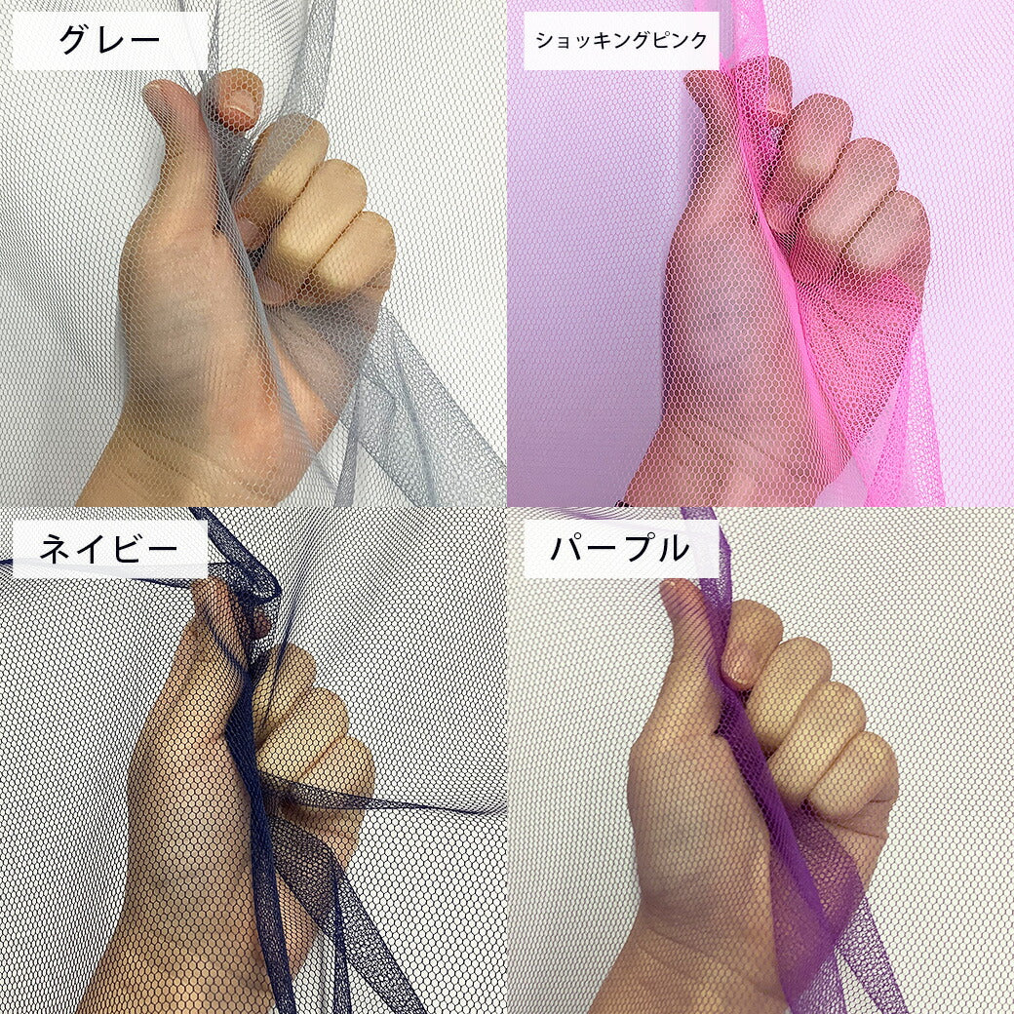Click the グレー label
(x=109, y=40)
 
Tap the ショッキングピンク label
(x=621, y=41)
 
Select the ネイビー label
(x=108, y=549)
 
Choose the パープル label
(x=619, y=548)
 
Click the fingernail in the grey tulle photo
(x=241, y=102)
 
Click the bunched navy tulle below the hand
(x=304, y=906)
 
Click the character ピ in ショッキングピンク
(x=654, y=41)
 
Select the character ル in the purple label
(x=673, y=549)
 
